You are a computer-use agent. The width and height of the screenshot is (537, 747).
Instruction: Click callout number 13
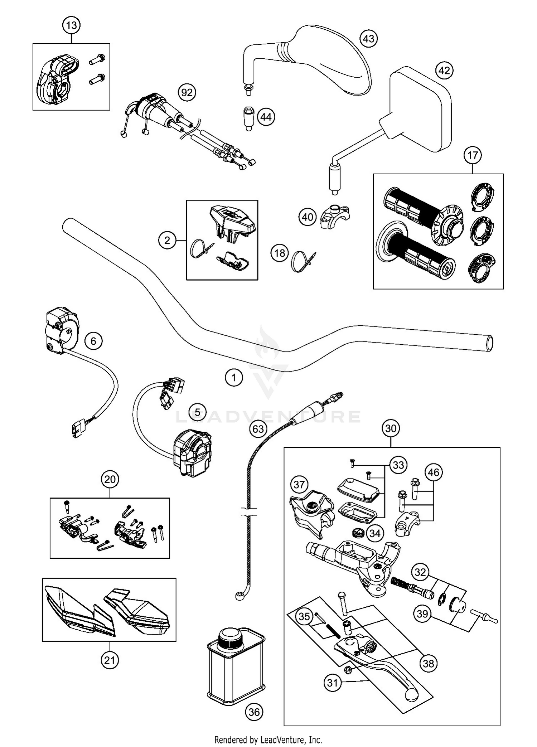pyautogui.click(x=71, y=25)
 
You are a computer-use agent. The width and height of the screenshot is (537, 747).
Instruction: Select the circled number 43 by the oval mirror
pyautogui.click(x=368, y=38)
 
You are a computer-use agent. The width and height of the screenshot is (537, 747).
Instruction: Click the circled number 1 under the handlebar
pyautogui.click(x=234, y=377)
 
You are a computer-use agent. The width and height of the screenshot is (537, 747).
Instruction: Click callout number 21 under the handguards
pyautogui.click(x=109, y=659)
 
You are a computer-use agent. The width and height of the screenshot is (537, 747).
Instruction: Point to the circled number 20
pyautogui.click(x=110, y=479)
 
